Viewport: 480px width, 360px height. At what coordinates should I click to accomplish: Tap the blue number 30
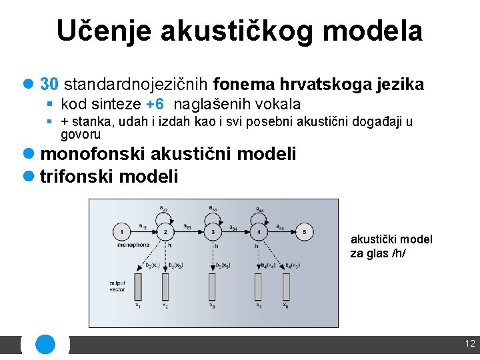coord(50,85)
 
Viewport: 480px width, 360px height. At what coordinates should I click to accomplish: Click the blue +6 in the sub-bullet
coord(155,105)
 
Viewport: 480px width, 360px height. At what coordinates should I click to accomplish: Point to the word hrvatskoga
coord(319,85)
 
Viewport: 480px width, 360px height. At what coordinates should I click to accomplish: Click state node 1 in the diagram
coord(122,233)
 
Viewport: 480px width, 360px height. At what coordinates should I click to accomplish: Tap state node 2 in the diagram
coord(165,233)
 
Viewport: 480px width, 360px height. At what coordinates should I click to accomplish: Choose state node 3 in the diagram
coord(213,233)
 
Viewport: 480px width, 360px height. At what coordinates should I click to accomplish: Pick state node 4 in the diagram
coord(258,233)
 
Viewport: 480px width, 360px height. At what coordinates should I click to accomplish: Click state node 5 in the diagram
coord(304,233)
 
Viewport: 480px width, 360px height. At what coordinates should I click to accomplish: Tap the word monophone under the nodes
coord(133,245)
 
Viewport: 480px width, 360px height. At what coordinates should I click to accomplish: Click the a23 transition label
coord(187,227)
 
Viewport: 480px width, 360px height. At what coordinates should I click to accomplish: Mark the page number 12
coord(470,344)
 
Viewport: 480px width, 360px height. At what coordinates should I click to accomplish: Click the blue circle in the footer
coord(45,344)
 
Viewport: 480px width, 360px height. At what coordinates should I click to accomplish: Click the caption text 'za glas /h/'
coord(378,253)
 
